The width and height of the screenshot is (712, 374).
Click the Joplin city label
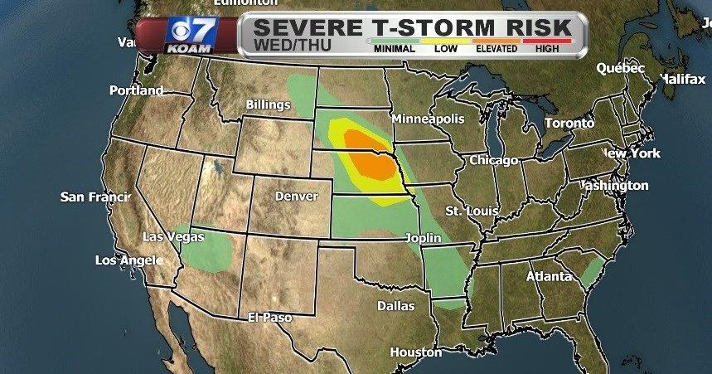pos(423,238)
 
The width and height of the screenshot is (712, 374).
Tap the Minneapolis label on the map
pos(428,119)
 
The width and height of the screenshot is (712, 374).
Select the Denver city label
pos(295,197)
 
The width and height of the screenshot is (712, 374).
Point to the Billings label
pos(268,104)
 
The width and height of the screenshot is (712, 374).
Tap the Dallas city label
pos(395,305)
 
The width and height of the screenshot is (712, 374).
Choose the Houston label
pos(416,352)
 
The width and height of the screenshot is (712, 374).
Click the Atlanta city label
pos(550,276)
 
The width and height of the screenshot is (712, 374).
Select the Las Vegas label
pos(173,236)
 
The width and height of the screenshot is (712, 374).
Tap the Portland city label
pos(137,90)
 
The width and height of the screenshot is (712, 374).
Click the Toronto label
pos(569,123)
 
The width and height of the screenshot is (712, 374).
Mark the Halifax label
pos(682,78)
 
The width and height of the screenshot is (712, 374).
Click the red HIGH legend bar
pos(547,40)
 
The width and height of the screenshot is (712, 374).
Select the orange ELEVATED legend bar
pos(496,40)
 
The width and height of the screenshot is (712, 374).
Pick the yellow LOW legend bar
pos(446,40)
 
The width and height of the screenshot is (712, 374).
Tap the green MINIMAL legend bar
pos(395,40)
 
